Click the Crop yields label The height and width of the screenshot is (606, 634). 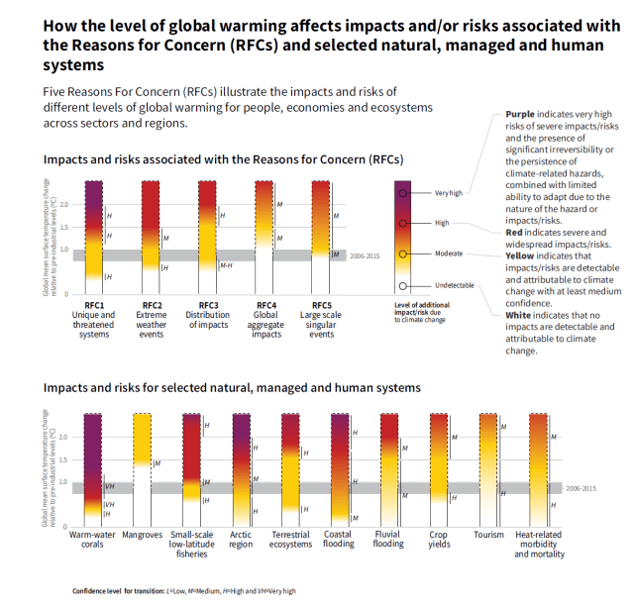pos(439,540)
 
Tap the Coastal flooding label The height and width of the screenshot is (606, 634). pos(338,540)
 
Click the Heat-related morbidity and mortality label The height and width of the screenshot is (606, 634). pos(538,545)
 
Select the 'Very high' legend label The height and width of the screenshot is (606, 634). pos(448,193)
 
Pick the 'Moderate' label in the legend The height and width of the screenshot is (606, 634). pos(449,253)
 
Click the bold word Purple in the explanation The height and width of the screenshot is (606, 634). pos(520,115)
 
